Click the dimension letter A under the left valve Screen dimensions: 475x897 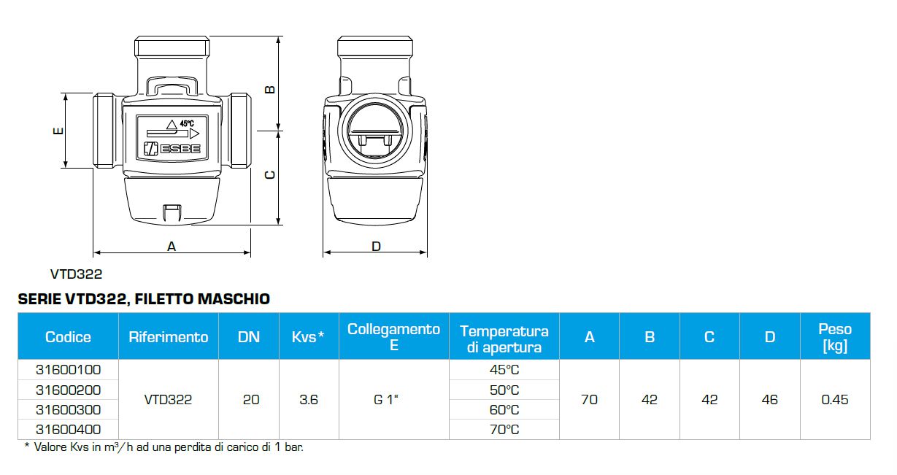pyautogui.click(x=172, y=247)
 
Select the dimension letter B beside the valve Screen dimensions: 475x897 pyautogui.click(x=269, y=89)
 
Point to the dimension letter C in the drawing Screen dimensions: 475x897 pyautogui.click(x=269, y=175)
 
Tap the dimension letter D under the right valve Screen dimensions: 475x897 pyautogui.click(x=376, y=247)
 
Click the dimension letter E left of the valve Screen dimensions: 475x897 pyautogui.click(x=58, y=131)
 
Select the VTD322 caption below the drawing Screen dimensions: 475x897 pyautogui.click(x=76, y=275)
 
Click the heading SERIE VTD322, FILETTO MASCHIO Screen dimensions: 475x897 pyautogui.click(x=143, y=299)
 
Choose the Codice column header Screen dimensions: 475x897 pyautogui.click(x=68, y=336)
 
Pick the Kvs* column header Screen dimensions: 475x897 pyautogui.click(x=308, y=336)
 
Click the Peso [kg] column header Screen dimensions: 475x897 pyautogui.click(x=835, y=336)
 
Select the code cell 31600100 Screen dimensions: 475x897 pyautogui.click(x=68, y=370)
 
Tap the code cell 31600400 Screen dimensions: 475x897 pyautogui.click(x=68, y=430)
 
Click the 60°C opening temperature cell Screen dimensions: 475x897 pyautogui.click(x=504, y=410)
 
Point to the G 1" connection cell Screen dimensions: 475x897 pyautogui.click(x=393, y=400)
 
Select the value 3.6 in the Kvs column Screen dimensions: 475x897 pyautogui.click(x=309, y=400)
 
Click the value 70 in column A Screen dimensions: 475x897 pyautogui.click(x=589, y=400)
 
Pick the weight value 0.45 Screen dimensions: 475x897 pyautogui.click(x=835, y=400)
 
